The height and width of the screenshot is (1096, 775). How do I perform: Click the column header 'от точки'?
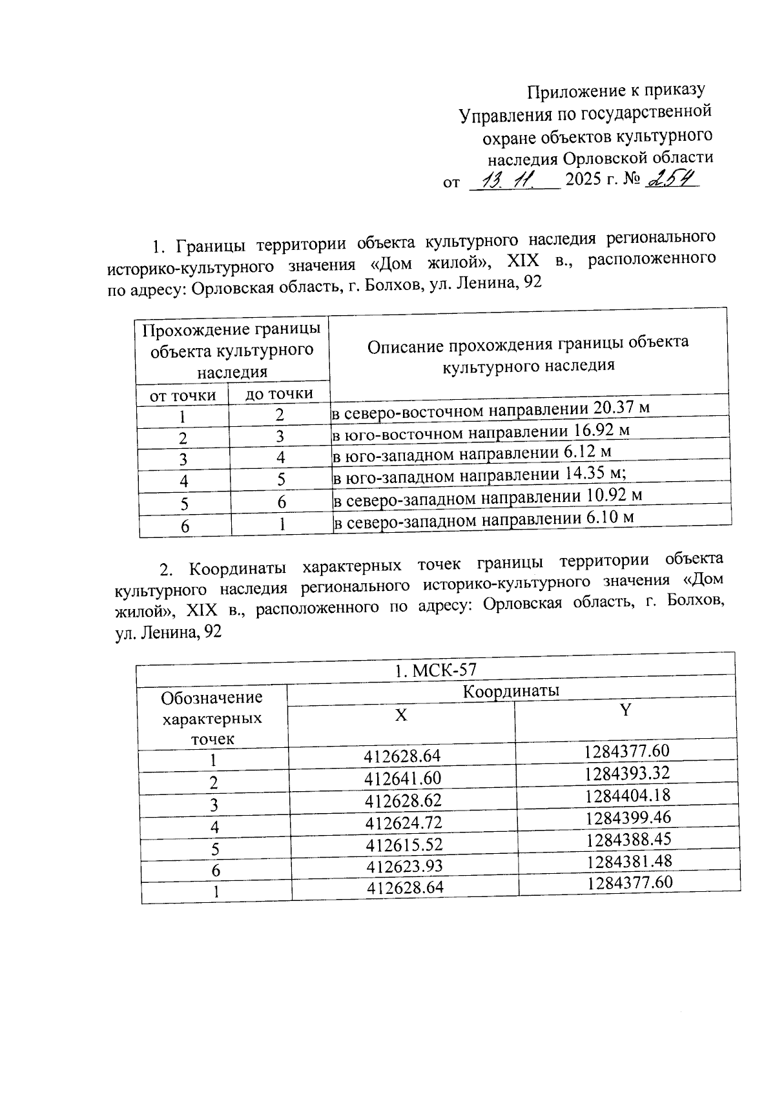coord(182,395)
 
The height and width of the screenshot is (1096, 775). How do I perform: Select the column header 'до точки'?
coord(279,393)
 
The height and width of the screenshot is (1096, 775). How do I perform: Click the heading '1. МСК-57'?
coord(439,670)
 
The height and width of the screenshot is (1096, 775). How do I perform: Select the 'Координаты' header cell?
coord(511,690)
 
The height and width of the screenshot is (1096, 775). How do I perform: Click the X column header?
coord(401,715)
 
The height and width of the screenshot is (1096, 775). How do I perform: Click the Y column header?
coord(625,710)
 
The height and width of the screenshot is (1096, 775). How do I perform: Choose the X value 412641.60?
coord(403,778)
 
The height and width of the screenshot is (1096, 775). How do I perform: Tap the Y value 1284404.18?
coord(628,795)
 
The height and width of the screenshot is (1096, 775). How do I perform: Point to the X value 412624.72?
coord(404,822)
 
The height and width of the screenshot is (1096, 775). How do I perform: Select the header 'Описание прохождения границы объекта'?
coord(528,343)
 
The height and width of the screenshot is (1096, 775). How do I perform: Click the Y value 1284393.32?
coord(627,773)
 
